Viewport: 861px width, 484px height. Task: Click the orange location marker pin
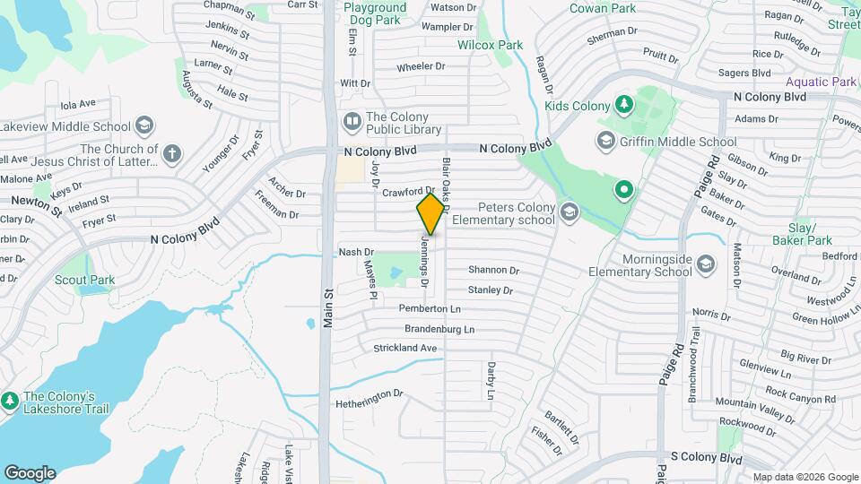[431, 214]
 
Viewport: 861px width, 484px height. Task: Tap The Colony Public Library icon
[352, 120]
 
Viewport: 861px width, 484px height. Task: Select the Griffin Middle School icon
[607, 141]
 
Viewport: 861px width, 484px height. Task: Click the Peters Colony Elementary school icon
[569, 212]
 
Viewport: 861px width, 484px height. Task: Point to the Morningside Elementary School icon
[706, 264]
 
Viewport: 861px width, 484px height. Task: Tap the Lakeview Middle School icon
[145, 126]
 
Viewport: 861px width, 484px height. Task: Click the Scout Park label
[84, 280]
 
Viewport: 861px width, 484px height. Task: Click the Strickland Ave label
[404, 348]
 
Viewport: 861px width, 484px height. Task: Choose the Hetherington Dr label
[370, 399]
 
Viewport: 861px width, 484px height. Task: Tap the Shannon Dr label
[493, 270]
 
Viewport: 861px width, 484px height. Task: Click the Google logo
[30, 473]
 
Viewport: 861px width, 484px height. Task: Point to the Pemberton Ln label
[430, 308]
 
